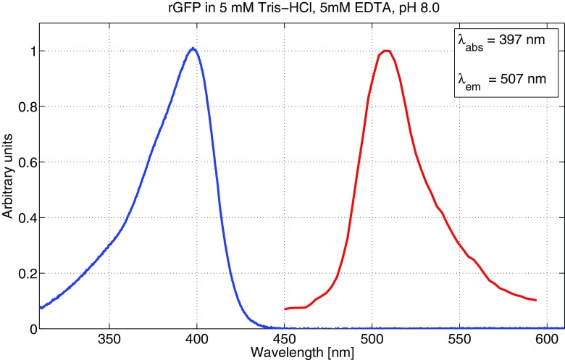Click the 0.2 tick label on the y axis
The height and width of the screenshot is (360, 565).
[x=25, y=274]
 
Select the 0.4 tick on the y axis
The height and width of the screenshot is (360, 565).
[x=25, y=218]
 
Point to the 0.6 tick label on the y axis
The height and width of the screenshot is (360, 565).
[x=25, y=162]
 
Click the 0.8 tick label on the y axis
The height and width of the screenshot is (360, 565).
[x=25, y=106]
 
